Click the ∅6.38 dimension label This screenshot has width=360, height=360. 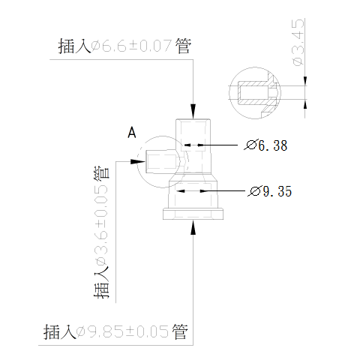pyautogui.click(x=265, y=145)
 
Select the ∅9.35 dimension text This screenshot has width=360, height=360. pyautogui.click(x=270, y=191)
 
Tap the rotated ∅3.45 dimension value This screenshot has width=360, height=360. pyautogui.click(x=298, y=42)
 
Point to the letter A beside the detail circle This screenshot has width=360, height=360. pyautogui.click(x=132, y=133)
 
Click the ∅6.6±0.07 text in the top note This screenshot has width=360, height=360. pyautogui.click(x=131, y=46)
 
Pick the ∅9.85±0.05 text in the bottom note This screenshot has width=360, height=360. pyautogui.click(x=122, y=331)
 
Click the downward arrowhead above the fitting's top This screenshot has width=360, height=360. pyautogui.click(x=193, y=111)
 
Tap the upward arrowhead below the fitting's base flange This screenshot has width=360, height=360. pyautogui.click(x=193, y=227)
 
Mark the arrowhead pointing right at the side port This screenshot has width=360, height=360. pyautogui.click(x=138, y=161)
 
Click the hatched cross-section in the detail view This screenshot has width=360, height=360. pyautogui.click(x=257, y=93)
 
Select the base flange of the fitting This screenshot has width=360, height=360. pyautogui.click(x=193, y=214)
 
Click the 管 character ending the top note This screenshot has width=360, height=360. pyautogui.click(x=183, y=46)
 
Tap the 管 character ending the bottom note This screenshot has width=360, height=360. pyautogui.click(x=180, y=331)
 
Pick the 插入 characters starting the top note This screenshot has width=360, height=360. pyautogui.click(x=75, y=46)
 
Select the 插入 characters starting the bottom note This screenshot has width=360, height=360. pyautogui.click(x=60, y=331)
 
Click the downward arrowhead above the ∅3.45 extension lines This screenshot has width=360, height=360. pyautogui.click(x=304, y=81)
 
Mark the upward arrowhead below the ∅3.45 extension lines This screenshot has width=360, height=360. pyautogui.click(x=304, y=104)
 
